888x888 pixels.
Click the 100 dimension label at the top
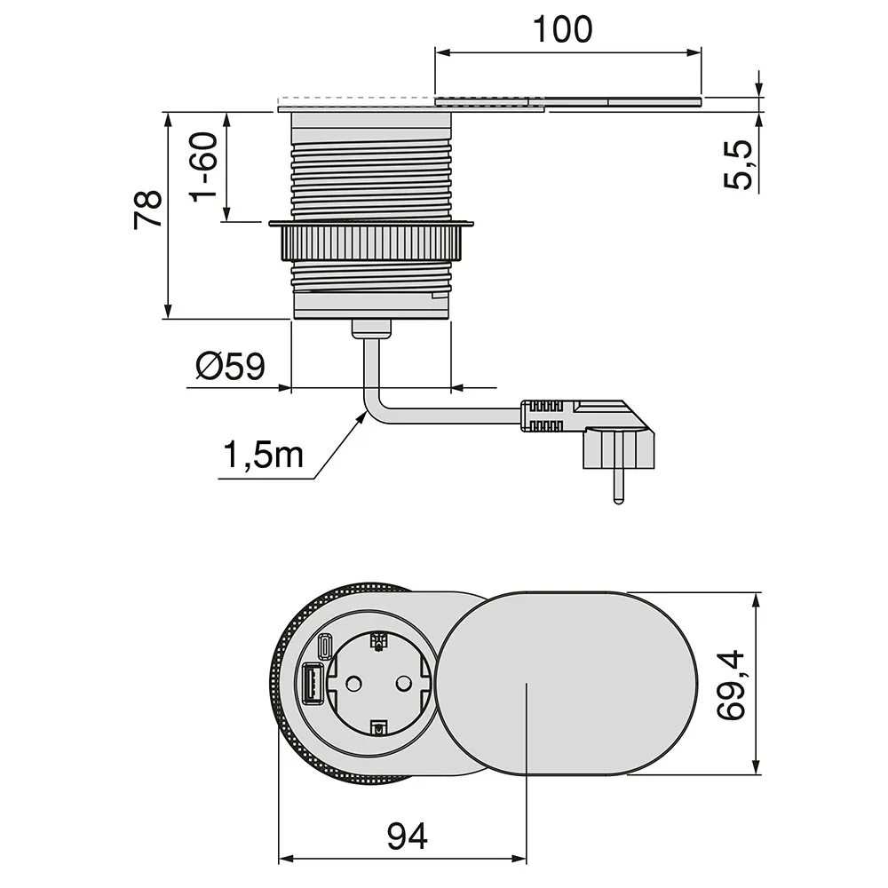coord(563,29)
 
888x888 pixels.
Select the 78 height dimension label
coord(148,210)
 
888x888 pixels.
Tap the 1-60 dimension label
coord(204,167)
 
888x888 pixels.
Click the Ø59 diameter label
coord(230,366)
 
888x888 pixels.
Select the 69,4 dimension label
coord(731,686)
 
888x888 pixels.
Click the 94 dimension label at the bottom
coord(407,836)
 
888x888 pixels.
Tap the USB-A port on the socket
coord(312,683)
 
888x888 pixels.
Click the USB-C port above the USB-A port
coord(324,646)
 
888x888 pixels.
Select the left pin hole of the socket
coord(353,684)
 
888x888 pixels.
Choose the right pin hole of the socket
coord(402,684)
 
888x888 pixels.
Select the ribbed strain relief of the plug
coord(543,416)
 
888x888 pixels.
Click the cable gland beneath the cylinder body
coord(371,329)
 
